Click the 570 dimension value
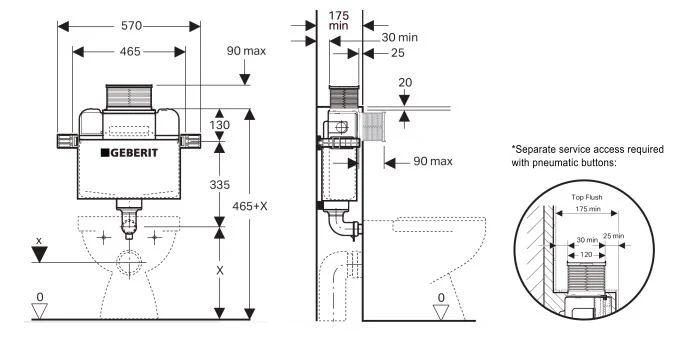[x=132, y=26]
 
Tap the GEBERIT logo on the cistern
[x=129, y=153]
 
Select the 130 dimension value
[x=220, y=125]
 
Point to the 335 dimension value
[x=220, y=184]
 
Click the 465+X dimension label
[x=250, y=206]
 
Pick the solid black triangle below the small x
[x=39, y=254]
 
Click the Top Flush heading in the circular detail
[x=586, y=197]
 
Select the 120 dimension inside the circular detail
[x=586, y=255]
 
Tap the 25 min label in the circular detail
[x=613, y=236]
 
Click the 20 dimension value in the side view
[x=405, y=82]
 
